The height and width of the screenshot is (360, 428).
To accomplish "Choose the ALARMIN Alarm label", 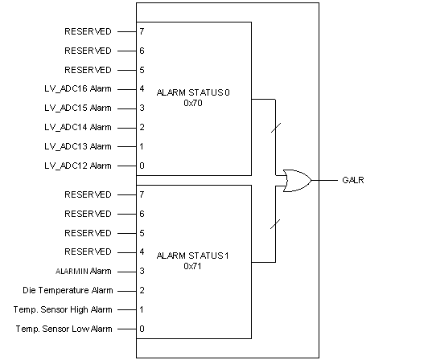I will tap(84, 272).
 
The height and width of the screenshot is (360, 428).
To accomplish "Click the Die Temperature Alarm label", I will tap(68, 291).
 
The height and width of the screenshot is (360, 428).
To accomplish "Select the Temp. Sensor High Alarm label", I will tap(64, 310).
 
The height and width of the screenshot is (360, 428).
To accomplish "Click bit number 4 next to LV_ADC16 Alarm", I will tap(142, 89).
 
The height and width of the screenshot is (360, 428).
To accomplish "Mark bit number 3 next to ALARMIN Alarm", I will tap(142, 272).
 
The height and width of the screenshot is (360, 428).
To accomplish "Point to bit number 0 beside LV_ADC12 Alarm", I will tap(142, 166).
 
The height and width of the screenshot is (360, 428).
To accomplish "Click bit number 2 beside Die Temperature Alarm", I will tap(142, 291).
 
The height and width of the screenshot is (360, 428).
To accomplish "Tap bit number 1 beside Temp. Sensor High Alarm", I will tap(142, 310).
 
